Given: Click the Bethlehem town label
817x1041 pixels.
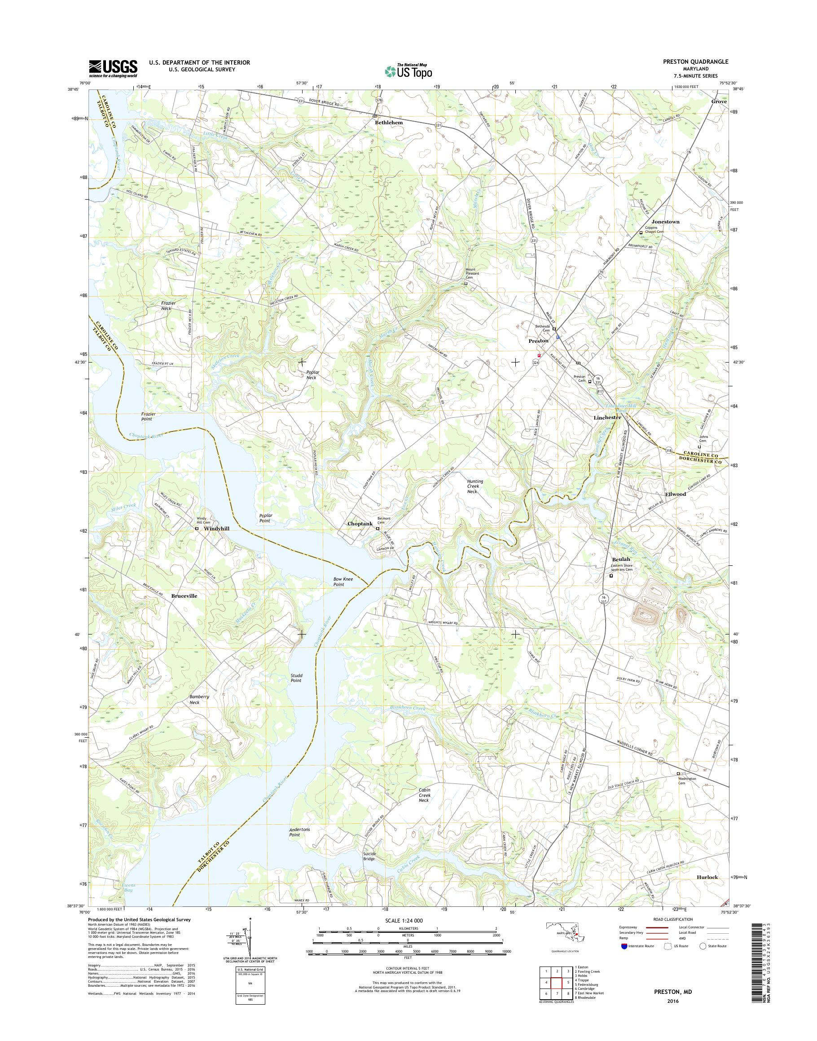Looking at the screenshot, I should click(x=388, y=122).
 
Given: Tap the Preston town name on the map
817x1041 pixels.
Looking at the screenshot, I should click(x=538, y=341).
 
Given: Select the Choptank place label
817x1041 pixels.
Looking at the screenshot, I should click(x=360, y=524).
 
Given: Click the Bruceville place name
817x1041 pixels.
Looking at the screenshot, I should click(x=184, y=596).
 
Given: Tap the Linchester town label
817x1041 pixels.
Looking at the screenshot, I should click(x=607, y=417).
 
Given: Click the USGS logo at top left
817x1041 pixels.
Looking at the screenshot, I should click(x=113, y=68).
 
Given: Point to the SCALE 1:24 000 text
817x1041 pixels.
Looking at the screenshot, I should click(x=404, y=920).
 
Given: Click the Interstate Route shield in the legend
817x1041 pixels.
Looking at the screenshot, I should click(x=624, y=946).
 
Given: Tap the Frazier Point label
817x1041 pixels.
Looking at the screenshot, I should click(x=146, y=416).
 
